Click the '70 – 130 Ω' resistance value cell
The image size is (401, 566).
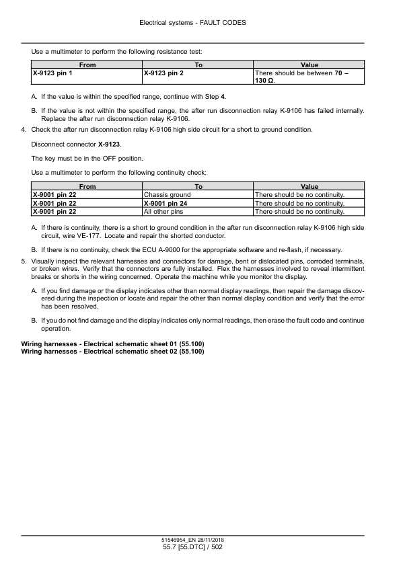point(308,76)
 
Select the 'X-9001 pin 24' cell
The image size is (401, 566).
point(166,203)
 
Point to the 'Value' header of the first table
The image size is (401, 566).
point(309,65)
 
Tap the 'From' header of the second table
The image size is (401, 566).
point(87,186)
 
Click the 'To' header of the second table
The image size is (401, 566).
point(198,186)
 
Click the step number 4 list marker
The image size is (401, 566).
point(25,129)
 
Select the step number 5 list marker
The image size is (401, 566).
point(25,261)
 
